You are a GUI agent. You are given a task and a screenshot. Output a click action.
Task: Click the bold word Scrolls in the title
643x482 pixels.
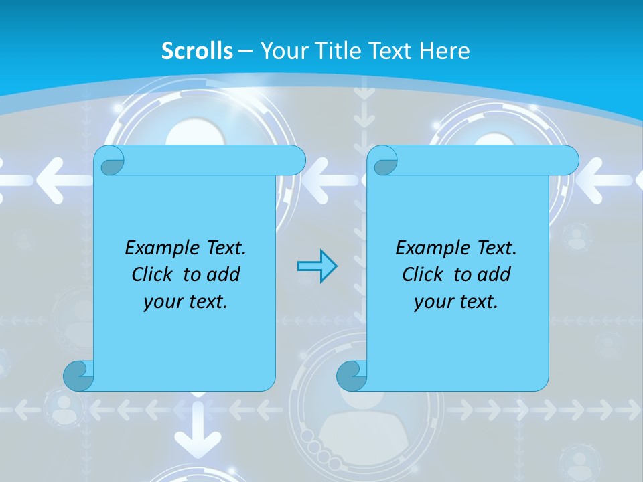197,51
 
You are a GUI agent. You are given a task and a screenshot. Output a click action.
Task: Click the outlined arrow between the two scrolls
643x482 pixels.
317,266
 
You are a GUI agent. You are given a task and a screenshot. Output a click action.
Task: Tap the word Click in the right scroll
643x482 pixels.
423,274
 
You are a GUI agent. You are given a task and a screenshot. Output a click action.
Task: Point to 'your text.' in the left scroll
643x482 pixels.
186,301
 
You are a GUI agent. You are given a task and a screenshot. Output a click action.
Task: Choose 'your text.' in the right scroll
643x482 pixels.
456,301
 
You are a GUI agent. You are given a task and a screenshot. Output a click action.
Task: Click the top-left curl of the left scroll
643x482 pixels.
110,161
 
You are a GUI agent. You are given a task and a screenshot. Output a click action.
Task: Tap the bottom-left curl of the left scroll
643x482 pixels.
78,376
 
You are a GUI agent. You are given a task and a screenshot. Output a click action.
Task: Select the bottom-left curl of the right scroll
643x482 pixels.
351,376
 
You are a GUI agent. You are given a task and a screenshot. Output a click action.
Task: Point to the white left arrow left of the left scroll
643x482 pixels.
57,179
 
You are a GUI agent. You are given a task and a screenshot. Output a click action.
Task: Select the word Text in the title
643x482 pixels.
392,51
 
